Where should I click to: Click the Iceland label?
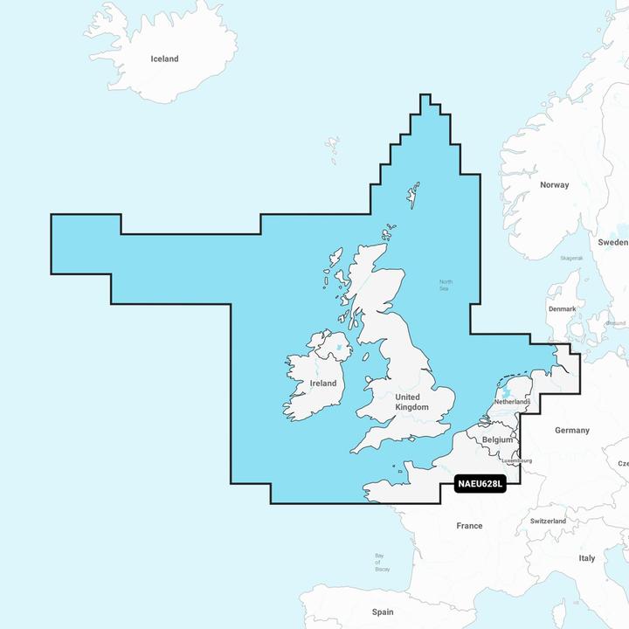164,59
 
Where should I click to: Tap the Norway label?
554,185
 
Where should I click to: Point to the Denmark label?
562,309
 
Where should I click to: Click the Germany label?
572,430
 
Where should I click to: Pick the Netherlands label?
512,401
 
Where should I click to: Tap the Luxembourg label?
516,460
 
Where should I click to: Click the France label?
469,526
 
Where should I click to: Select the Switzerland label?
548,521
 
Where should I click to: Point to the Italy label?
587,557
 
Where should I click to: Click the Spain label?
383,612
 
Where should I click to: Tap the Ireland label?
323,383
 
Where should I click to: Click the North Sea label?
446,285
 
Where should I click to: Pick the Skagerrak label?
571,259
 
